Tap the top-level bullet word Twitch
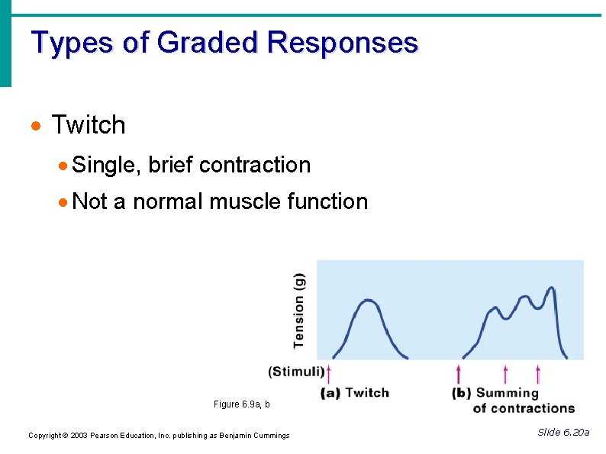tap(88, 125)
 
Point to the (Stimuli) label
tap(295, 372)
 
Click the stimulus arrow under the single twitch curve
tap(330, 373)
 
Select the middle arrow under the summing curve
tap(505, 373)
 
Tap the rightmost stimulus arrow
tap(538, 373)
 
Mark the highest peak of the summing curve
tap(550, 289)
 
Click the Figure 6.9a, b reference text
tap(241, 404)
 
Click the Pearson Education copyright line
tap(159, 436)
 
